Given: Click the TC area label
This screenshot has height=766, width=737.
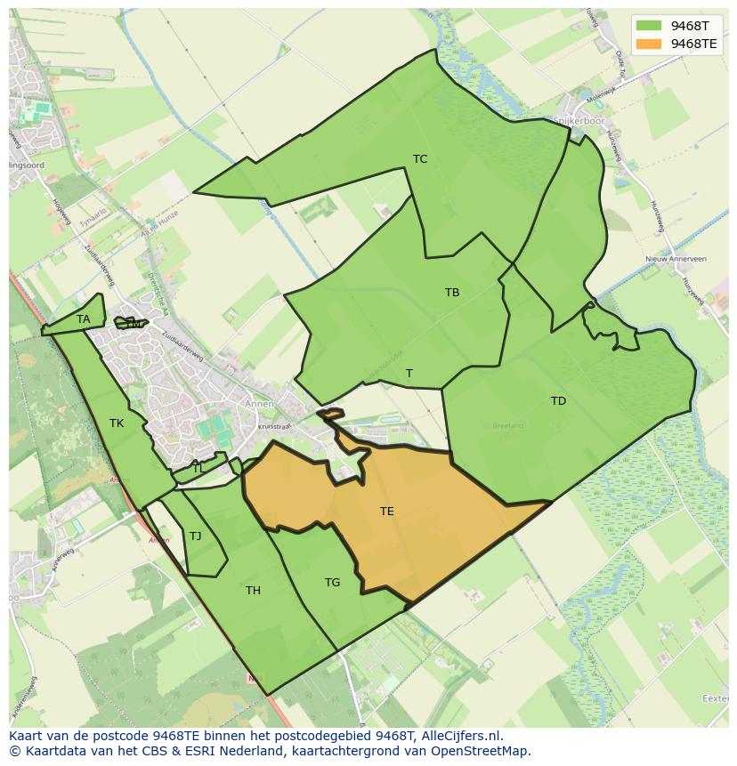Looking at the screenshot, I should (420, 159).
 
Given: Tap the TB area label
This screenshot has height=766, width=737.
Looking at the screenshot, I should (452, 292).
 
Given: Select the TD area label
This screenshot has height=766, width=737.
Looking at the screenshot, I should (558, 401).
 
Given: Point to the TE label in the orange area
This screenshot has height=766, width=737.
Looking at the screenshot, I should (387, 512).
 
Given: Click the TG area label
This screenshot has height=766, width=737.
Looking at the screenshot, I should (332, 583).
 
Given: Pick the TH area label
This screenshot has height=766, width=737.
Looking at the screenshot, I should (253, 591).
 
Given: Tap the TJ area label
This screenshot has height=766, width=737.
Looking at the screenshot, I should (195, 536).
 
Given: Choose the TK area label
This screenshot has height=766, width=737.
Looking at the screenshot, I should (117, 423).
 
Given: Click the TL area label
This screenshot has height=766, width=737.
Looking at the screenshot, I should (198, 468).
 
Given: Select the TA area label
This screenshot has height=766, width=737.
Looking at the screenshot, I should (83, 319).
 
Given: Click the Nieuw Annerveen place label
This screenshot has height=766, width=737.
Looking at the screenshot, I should (676, 259).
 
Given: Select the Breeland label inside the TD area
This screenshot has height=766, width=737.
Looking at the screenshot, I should (508, 426).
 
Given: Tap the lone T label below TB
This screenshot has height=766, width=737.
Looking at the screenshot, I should (409, 374).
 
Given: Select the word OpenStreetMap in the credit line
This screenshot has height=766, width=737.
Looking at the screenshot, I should (484, 751).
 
